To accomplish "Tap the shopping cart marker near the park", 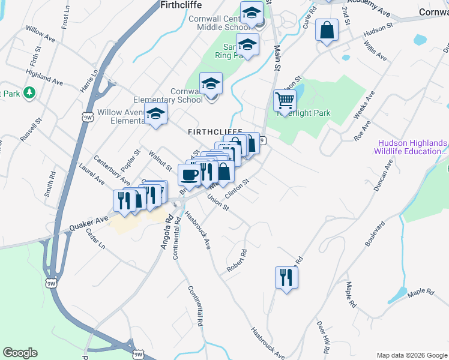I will click(285, 100).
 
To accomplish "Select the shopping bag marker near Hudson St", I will click(327, 30).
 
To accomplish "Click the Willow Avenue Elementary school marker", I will click(155, 113).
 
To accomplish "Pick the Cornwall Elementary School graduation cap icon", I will click(211, 84).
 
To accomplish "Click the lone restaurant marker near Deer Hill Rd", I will click(286, 277).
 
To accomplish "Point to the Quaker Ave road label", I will click(89, 223).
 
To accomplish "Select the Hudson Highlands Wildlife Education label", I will click(412, 147).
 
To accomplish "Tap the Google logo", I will click(20, 353).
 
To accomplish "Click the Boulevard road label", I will click(375, 234).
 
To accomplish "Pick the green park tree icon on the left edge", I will click(29, 93).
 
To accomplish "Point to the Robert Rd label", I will click(237, 261).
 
